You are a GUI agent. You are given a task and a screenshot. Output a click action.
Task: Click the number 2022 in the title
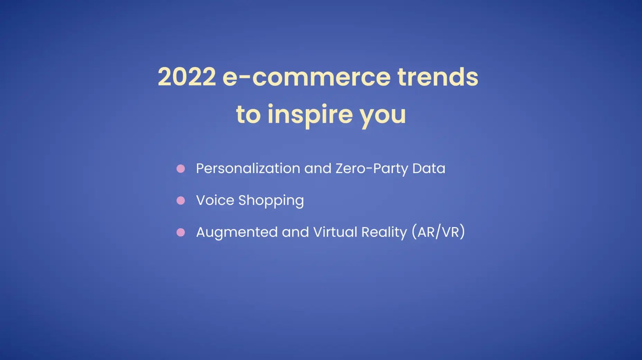(x=187, y=76)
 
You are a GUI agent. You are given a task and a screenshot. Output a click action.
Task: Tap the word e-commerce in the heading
(x=306, y=77)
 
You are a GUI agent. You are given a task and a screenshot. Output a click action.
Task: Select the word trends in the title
(x=438, y=76)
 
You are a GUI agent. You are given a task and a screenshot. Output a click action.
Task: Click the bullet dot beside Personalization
(x=181, y=169)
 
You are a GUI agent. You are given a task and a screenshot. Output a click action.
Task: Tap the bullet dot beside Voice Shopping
(x=181, y=200)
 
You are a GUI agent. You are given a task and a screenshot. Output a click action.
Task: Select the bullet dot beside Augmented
(x=181, y=232)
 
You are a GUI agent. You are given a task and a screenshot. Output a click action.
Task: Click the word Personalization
(x=248, y=168)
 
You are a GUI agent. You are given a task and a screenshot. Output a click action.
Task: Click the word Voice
(x=215, y=200)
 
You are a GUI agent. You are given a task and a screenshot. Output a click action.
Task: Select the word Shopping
(x=271, y=201)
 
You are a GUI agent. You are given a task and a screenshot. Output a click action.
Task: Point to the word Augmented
(x=237, y=232)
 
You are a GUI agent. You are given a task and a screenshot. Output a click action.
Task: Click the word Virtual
(x=335, y=232)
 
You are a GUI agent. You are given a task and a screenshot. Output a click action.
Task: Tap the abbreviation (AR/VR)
(x=438, y=232)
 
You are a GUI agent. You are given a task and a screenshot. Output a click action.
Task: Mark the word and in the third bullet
(x=295, y=232)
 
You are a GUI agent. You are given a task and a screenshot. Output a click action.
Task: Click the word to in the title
(x=248, y=115)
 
